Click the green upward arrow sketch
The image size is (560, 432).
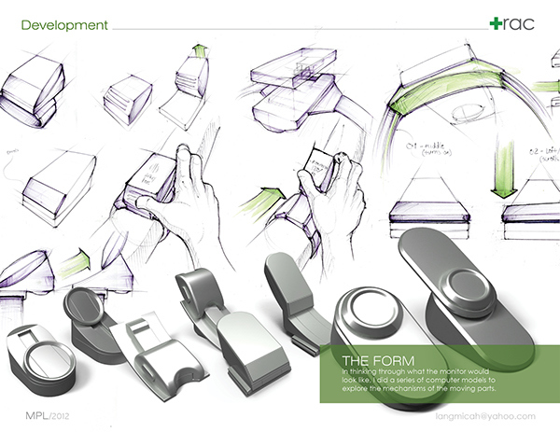[x=199, y=51]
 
